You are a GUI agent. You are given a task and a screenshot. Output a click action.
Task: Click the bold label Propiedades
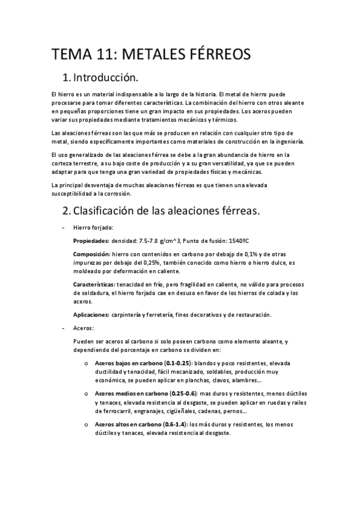[x=90, y=240]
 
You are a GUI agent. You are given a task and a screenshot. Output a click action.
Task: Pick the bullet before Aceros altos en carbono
[x=87, y=424]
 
